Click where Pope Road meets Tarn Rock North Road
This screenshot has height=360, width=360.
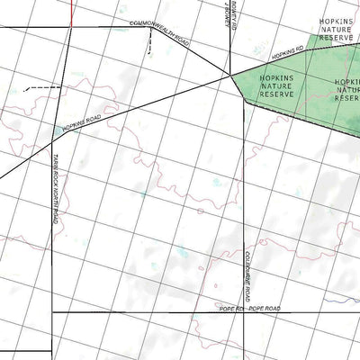tap(52, 312)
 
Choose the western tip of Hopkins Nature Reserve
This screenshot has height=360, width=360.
tap(231, 75)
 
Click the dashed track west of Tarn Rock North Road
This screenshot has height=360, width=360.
tap(41, 87)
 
